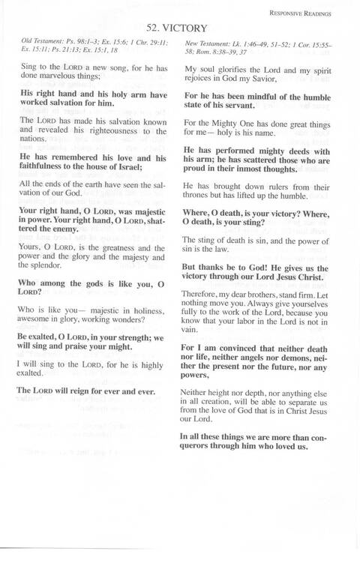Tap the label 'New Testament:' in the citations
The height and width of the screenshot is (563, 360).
[x=206, y=46]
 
